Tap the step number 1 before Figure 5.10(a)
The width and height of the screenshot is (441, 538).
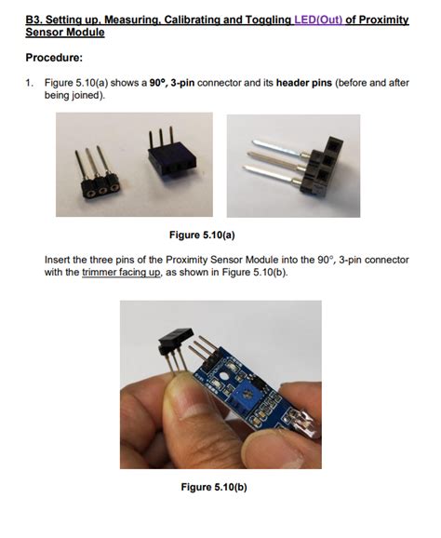tap(29, 83)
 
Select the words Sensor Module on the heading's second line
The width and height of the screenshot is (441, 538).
tap(65, 34)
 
